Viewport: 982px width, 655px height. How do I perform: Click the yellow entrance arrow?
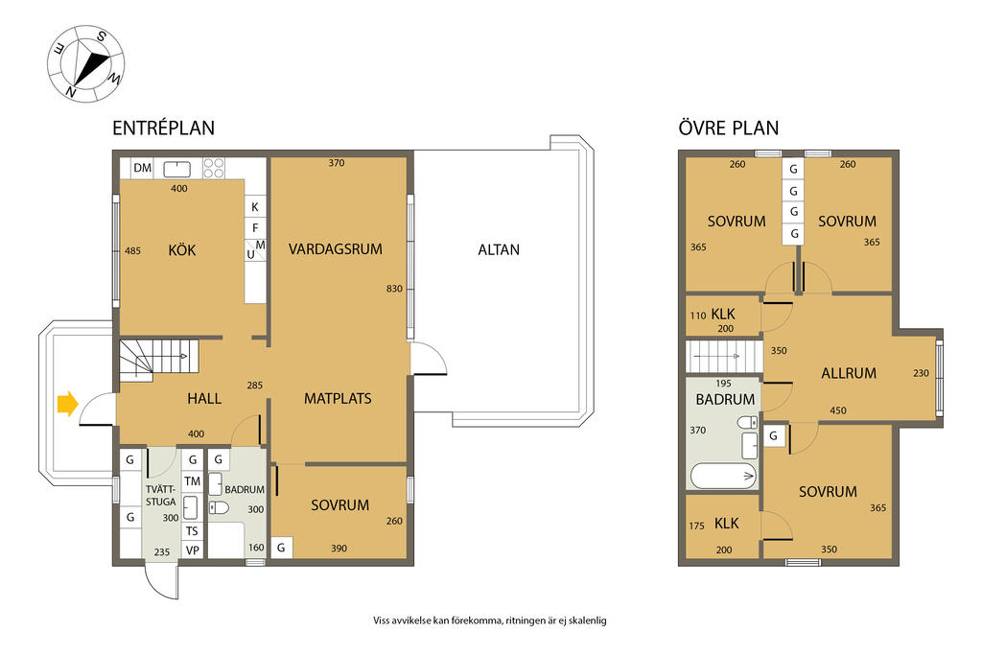coord(68,404)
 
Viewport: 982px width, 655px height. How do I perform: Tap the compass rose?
coord(86,63)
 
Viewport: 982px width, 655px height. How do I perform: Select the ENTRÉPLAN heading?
coord(163,128)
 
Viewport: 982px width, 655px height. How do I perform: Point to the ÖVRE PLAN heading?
coord(729,128)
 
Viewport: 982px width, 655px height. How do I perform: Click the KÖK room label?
coord(181,250)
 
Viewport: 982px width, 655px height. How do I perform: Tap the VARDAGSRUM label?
coord(335,248)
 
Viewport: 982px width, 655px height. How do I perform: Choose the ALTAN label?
coord(499,249)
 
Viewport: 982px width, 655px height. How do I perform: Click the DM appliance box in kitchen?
coord(143,168)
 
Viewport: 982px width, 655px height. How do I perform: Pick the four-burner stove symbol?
coord(213,168)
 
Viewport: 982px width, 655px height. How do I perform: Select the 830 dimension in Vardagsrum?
coord(394,289)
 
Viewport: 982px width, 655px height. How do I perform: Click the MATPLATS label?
coord(338,398)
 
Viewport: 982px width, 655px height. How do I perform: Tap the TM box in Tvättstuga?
coord(192,480)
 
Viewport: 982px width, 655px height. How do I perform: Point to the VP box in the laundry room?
coord(192,550)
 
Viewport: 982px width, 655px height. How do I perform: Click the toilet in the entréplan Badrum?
coord(219,506)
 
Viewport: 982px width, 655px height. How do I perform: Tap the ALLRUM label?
coord(849,373)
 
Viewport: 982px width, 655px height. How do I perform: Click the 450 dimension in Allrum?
coord(838,410)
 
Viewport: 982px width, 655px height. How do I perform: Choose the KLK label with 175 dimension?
coord(727,524)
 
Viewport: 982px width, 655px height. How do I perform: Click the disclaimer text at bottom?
coord(490,620)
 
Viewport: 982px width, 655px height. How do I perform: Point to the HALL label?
coord(204,398)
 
